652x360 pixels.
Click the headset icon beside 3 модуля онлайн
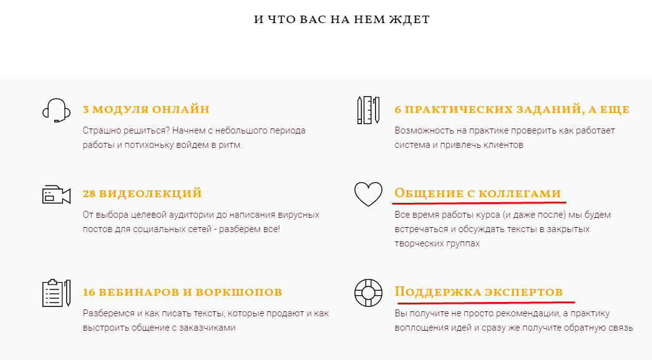coord(54,110)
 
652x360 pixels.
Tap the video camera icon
coord(55,195)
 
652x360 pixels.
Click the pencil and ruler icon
coord(368,110)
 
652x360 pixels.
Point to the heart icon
coord(368,194)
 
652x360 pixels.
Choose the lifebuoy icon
coord(368,292)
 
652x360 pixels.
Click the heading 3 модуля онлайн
coord(146,110)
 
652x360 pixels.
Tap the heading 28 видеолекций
coord(142,194)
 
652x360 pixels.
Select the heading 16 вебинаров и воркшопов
coord(182,292)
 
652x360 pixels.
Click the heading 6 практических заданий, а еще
coord(512,110)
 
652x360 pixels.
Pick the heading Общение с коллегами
coord(478,193)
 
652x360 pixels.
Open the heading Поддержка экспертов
coord(479,292)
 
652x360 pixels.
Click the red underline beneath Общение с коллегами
coord(480,203)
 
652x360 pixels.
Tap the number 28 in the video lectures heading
coord(89,194)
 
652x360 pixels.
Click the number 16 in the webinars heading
coord(89,292)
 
